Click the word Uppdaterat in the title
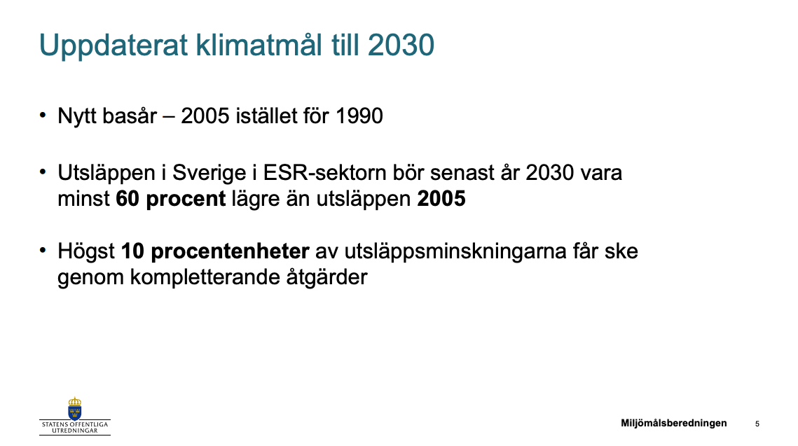tap(113, 46)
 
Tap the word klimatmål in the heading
tap(259, 45)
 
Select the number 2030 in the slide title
tap(401, 46)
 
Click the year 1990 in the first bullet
tap(359, 116)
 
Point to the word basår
tap(130, 116)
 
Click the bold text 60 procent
tap(170, 199)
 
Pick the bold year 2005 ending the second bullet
tap(441, 199)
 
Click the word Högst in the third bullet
tap(86, 252)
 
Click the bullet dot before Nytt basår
tap(43, 114)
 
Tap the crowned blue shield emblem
tap(75, 408)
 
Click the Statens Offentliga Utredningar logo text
tap(75, 427)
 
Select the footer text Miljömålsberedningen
tap(674, 423)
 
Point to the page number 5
tap(757, 424)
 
